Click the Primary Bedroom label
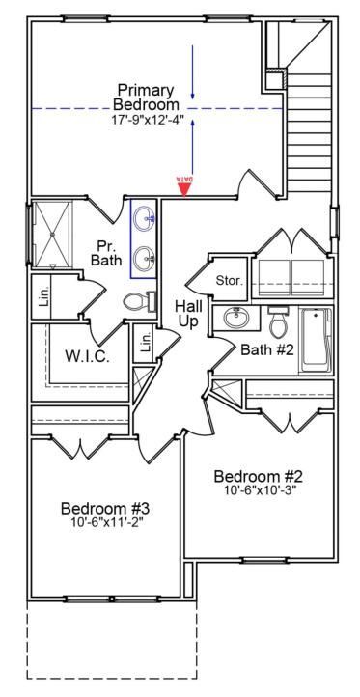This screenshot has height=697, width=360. coord(146,96)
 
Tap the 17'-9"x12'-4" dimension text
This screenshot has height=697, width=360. coord(146,120)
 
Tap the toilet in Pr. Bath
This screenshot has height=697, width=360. coord(140,302)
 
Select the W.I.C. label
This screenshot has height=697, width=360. coord(87,356)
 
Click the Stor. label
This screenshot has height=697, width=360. coord(229,281)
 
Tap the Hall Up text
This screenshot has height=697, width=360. coord(188,314)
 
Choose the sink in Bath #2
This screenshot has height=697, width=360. coord(235,318)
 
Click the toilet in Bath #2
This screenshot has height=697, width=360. coord(278,319)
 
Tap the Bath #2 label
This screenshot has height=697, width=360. coord(266,349)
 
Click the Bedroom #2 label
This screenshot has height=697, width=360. coord(259,476)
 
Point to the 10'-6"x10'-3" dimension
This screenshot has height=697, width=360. coord(259,491)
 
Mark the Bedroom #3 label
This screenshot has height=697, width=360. coord(104,508)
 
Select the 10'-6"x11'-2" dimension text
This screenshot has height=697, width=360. coord(106,523)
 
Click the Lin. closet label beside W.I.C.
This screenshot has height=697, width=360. coord(146,344)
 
